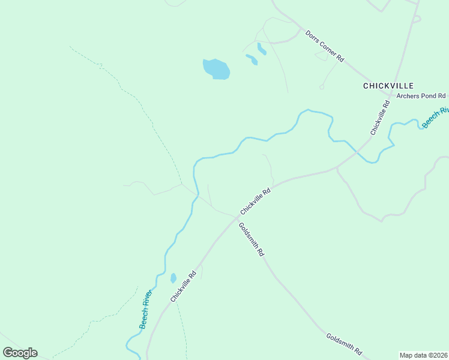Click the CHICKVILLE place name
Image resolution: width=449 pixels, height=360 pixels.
pyautogui.click(x=388, y=86)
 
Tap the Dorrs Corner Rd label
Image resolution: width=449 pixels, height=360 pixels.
pyautogui.click(x=324, y=46)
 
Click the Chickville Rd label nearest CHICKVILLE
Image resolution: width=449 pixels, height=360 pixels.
pyautogui.click(x=380, y=117)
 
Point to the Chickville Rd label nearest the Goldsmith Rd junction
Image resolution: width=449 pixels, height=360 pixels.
pyautogui.click(x=256, y=201)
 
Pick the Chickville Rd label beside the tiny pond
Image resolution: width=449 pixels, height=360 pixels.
pyautogui.click(x=184, y=287)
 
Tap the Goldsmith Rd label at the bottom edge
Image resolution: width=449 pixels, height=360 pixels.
pyautogui.click(x=345, y=344)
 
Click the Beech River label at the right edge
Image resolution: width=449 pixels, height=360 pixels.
pyautogui.click(x=436, y=117)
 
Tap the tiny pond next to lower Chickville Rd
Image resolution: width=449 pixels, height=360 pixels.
pyautogui.click(x=173, y=278)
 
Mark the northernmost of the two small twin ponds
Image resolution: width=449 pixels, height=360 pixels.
pyautogui.click(x=261, y=48)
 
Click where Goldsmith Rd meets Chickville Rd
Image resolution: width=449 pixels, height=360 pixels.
pyautogui.click(x=235, y=218)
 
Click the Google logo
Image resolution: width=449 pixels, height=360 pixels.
pyautogui.click(x=20, y=353)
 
